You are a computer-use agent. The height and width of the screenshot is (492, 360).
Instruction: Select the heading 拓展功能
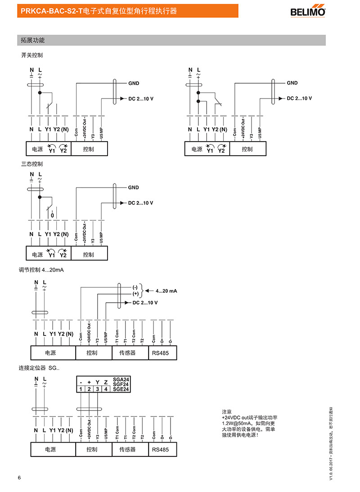point(33,40)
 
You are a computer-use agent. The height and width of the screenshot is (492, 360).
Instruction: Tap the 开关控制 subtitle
point(32,55)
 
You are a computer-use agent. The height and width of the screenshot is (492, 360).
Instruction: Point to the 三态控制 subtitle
point(32,164)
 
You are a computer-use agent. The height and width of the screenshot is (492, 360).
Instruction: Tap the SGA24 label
point(121,380)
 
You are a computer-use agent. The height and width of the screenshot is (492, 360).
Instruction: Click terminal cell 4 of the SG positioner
point(106,389)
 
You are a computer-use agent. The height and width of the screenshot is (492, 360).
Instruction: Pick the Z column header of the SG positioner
point(106,382)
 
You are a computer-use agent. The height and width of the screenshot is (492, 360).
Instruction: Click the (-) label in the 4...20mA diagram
point(135,287)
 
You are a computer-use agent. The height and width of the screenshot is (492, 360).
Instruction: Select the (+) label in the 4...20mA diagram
point(135,293)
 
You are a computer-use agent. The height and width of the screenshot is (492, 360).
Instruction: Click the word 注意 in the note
point(226,411)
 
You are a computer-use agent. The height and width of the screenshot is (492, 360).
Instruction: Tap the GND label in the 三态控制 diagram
point(134,188)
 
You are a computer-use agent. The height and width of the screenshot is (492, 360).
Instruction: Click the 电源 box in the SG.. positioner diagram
point(53,449)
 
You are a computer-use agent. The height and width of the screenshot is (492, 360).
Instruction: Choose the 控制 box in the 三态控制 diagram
point(89,255)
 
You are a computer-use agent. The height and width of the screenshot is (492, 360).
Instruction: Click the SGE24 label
point(121,389)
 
